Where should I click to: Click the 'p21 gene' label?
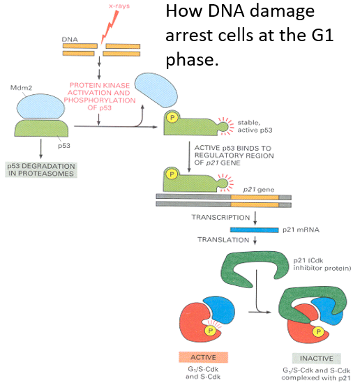click(x=256, y=188)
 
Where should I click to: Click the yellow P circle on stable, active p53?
click(x=172, y=119)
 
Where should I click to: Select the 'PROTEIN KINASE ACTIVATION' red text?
click(x=100, y=91)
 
